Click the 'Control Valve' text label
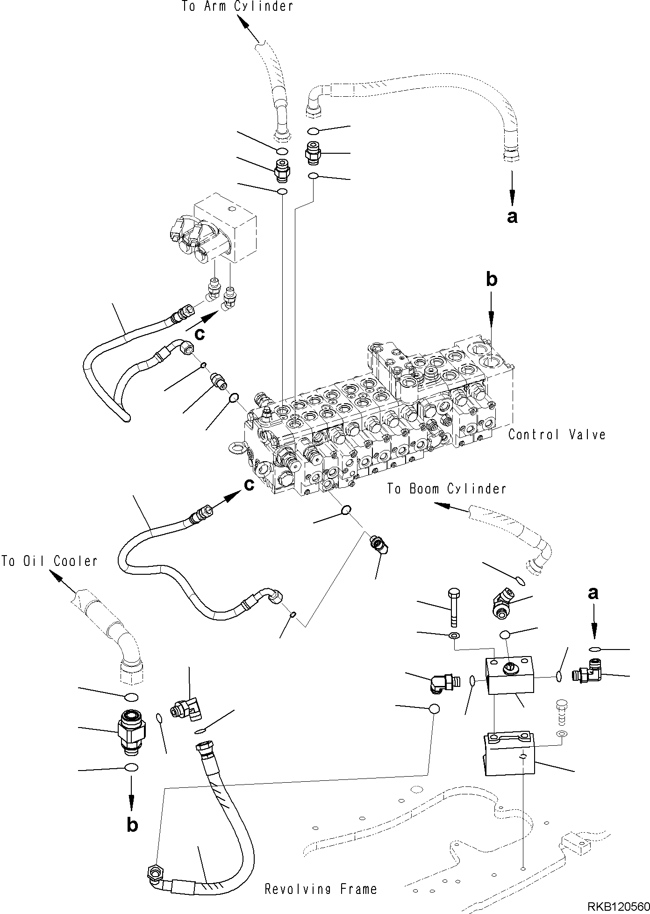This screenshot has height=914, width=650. click(x=557, y=435)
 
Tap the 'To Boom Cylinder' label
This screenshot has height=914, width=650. click(x=446, y=489)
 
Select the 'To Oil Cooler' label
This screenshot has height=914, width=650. click(x=49, y=561)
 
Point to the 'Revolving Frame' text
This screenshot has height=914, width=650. click(x=321, y=889)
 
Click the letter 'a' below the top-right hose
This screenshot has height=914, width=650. click(x=512, y=216)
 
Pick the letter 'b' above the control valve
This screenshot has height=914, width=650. click(x=491, y=279)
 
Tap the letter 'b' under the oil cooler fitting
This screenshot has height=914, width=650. click(x=132, y=825)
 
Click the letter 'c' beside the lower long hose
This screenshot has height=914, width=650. click(x=250, y=485)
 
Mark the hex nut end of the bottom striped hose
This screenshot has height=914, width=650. click(x=153, y=871)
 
